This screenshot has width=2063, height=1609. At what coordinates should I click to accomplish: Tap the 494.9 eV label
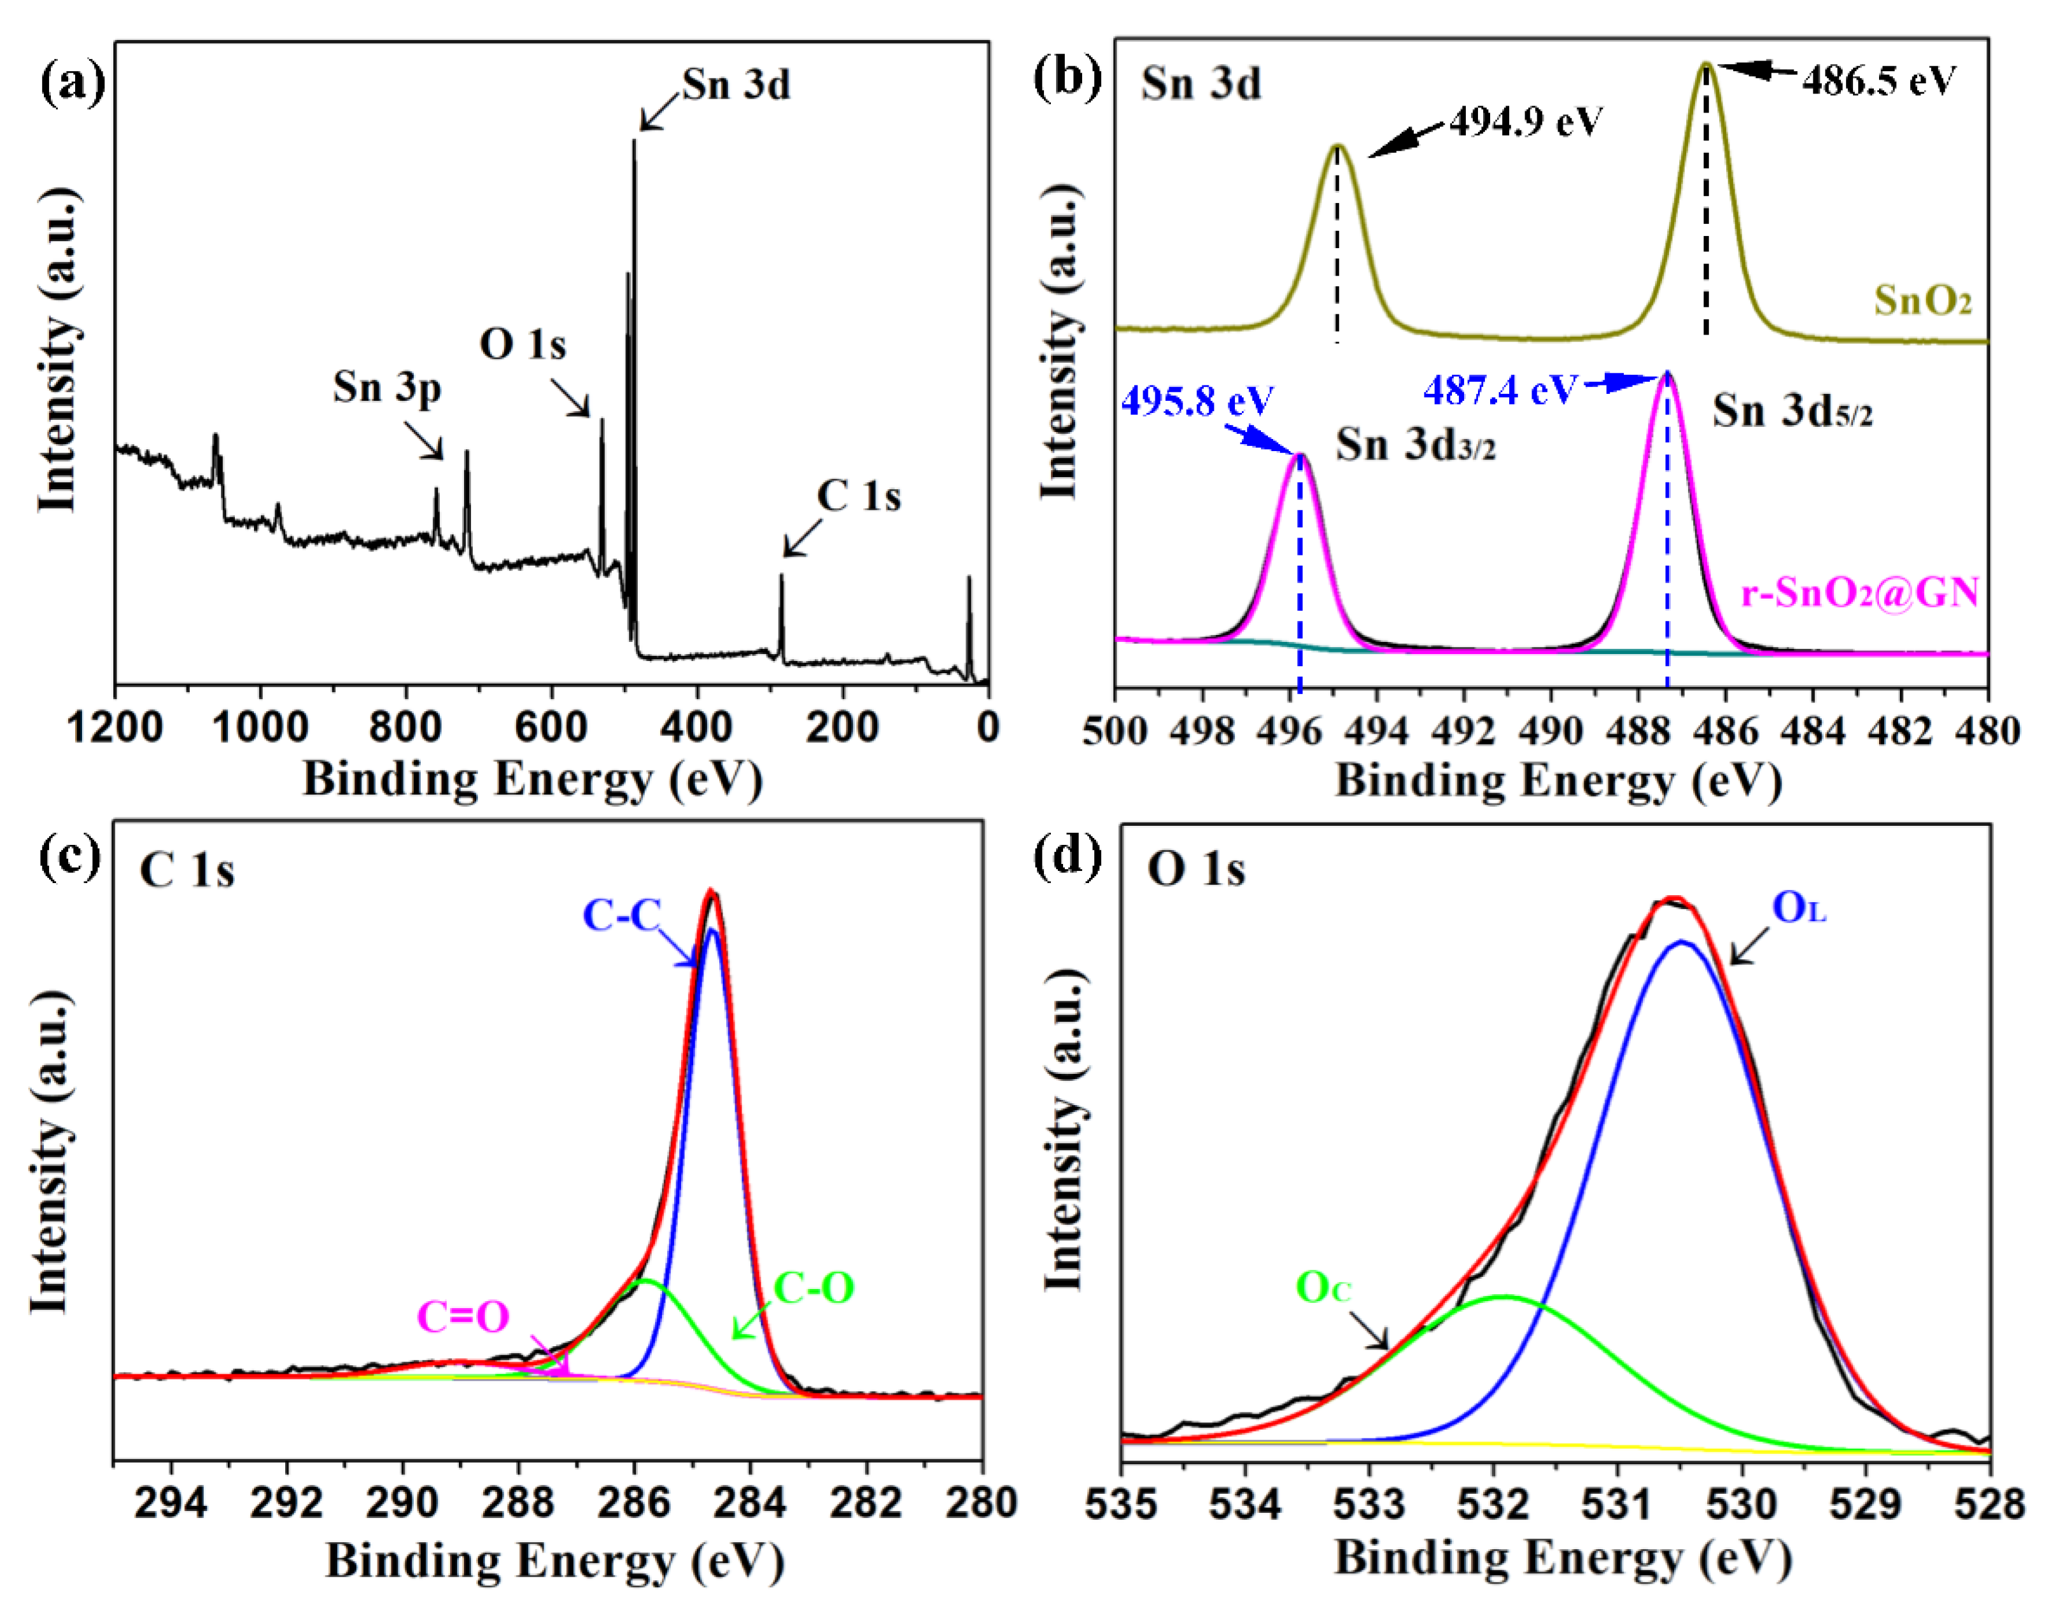click(x=1526, y=122)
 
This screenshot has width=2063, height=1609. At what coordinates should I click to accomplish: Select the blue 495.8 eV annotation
click(x=1197, y=401)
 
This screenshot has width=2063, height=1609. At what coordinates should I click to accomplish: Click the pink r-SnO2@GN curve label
click(x=1859, y=593)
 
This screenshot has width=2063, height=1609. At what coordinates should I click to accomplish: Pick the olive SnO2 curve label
click(x=1922, y=301)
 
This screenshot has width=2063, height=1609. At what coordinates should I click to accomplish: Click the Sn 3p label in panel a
click(x=386, y=388)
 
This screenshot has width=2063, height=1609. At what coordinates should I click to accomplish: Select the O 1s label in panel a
click(x=523, y=345)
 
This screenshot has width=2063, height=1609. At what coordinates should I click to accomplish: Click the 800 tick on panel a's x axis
click(x=406, y=728)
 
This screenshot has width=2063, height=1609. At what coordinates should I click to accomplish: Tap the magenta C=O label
click(x=463, y=1317)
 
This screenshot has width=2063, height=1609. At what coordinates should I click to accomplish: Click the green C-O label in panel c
click(x=813, y=1288)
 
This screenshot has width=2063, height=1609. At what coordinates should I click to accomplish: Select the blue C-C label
click(x=621, y=916)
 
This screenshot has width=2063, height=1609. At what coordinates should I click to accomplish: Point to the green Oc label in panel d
click(x=1323, y=1288)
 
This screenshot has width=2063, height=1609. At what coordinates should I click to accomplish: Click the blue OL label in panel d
click(x=1798, y=909)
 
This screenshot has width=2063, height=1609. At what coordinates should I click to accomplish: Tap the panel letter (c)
click(x=69, y=858)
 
